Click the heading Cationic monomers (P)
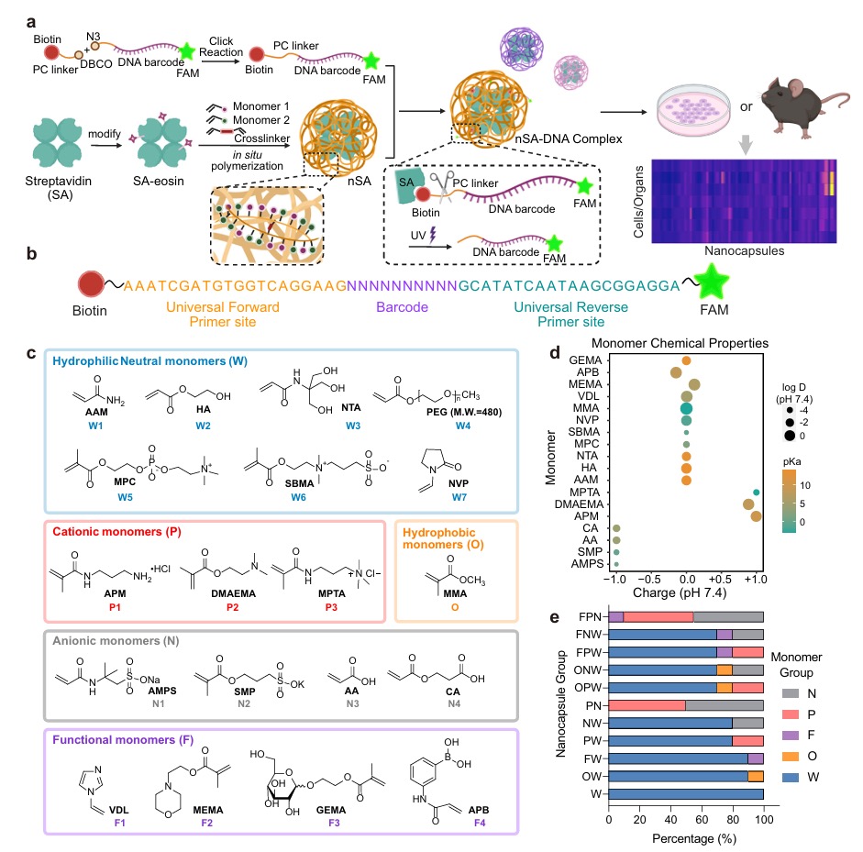pos(119,531)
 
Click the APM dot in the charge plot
pos(756,516)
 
